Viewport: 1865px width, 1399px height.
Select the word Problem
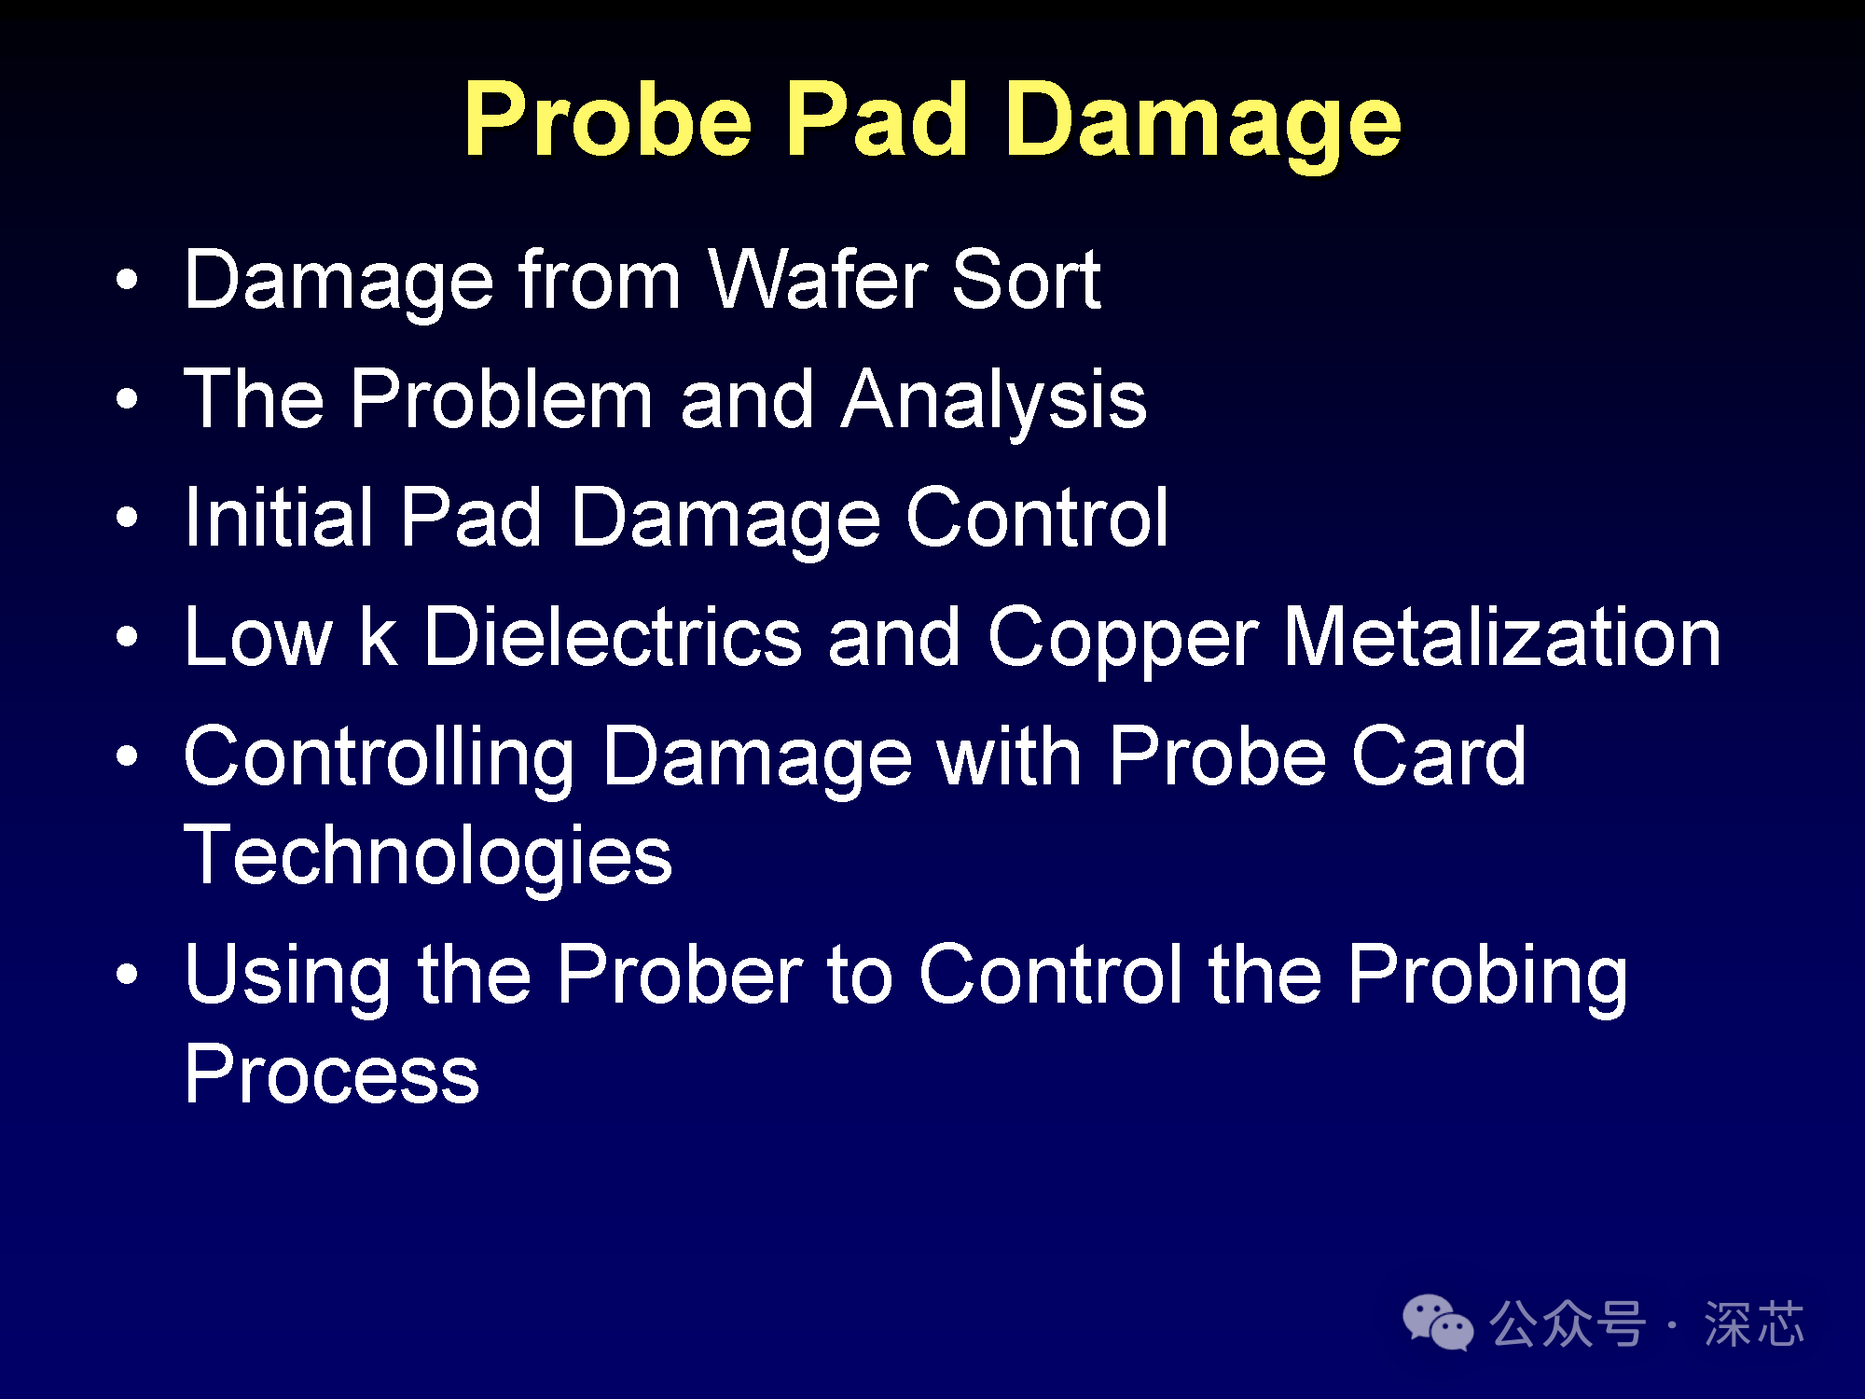coord(502,398)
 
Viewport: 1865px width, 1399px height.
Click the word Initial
coord(279,517)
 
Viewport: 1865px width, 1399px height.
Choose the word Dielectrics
coord(613,636)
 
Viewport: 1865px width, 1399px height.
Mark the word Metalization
coord(1502,636)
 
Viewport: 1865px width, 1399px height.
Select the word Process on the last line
coord(332,1073)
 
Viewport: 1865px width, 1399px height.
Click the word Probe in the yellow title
coord(608,119)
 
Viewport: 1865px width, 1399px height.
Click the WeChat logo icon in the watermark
coord(1437,1322)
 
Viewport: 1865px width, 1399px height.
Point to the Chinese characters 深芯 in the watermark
coord(1754,1323)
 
